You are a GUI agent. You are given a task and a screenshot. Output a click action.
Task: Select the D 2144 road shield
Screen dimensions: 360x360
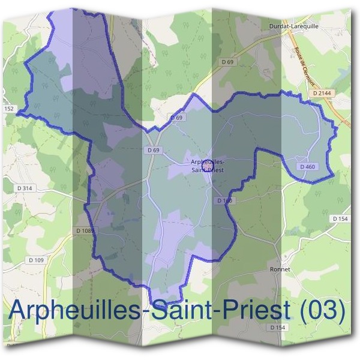322,94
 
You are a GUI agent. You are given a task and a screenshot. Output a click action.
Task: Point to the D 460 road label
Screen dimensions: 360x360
307,166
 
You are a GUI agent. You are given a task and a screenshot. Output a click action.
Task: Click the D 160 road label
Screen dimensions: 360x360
224,200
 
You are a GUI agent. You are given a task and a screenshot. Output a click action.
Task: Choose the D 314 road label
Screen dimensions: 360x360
25,188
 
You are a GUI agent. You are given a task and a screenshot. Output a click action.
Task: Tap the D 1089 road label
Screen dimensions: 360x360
86,230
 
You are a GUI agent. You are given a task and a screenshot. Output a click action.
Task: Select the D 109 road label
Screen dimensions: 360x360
36,260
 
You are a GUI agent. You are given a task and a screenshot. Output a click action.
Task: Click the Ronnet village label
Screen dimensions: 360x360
280,269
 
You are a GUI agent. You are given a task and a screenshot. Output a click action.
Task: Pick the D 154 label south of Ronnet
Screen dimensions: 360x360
277,327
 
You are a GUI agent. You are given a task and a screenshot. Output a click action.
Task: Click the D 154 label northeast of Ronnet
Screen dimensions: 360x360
340,219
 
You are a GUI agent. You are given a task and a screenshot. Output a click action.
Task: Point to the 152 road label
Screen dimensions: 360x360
8,108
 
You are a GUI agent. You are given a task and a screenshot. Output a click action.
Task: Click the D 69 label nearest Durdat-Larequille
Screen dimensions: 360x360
226,61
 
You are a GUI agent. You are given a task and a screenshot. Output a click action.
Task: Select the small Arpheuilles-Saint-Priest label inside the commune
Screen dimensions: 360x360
207,165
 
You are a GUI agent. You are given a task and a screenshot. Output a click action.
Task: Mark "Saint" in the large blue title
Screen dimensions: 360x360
181,311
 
